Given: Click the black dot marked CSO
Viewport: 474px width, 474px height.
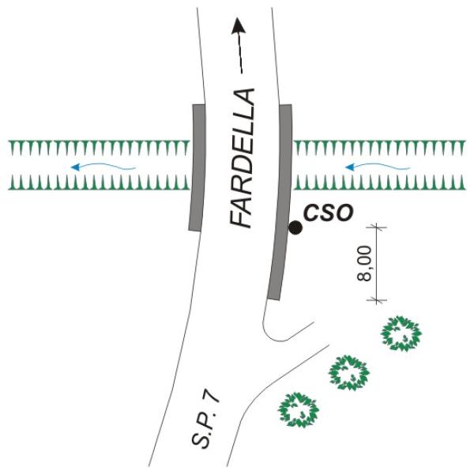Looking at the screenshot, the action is (x=295, y=228).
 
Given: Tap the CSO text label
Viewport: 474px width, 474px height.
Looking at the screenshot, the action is (x=329, y=213).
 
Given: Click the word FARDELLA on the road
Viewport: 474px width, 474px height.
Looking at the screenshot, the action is (x=241, y=158).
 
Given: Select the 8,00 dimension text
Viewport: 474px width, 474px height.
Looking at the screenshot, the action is (x=364, y=264).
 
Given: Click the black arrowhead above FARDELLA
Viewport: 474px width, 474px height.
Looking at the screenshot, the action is (x=239, y=25).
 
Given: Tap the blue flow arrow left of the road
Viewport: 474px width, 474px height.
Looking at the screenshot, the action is (x=103, y=166).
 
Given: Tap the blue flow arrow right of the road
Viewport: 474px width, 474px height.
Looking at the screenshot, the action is (x=378, y=166).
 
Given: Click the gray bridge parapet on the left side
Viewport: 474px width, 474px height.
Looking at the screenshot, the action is (x=197, y=167).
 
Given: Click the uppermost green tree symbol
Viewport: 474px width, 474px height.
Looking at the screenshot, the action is (x=401, y=333).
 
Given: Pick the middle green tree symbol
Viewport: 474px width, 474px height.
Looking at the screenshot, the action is (x=349, y=373).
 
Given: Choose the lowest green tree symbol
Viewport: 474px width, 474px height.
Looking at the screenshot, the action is (x=298, y=409).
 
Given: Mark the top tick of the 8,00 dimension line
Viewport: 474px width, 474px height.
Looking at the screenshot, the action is (x=377, y=227).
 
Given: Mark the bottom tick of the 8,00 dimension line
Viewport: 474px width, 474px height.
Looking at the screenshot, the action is (x=377, y=300).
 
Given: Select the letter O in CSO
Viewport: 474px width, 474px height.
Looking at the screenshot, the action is (x=344, y=213).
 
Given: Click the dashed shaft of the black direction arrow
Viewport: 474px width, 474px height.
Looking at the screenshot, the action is (x=240, y=53).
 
